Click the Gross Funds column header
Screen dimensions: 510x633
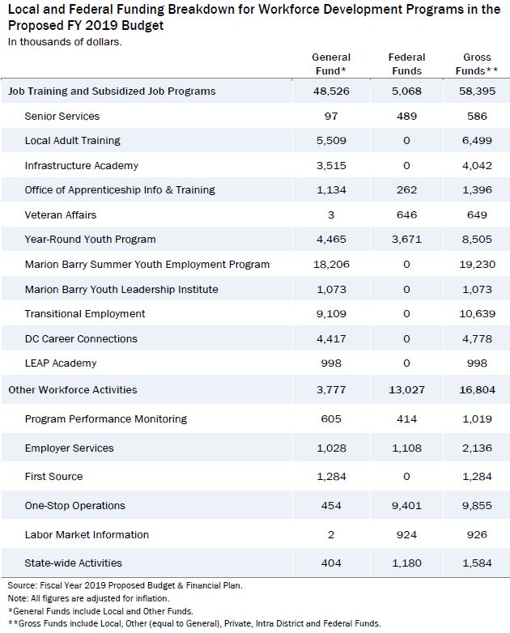[477, 64]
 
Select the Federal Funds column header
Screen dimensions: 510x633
[406, 64]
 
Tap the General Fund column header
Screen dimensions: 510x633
[331, 64]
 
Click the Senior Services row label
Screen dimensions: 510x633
[62, 117]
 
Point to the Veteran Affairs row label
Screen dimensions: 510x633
[61, 215]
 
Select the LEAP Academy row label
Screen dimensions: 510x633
[61, 363]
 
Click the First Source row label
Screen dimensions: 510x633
[53, 476]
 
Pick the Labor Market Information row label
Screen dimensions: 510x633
[87, 534]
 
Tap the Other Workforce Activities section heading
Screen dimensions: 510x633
[73, 389]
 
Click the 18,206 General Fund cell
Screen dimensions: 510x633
[331, 265]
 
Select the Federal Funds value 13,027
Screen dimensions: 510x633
[406, 389]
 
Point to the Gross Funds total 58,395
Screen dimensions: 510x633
[477, 91]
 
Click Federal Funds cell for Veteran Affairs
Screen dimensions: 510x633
[406, 215]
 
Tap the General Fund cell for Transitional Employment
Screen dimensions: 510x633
[331, 314]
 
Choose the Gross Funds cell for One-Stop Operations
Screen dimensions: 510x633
[477, 505]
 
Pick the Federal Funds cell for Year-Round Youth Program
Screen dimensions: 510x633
[406, 240]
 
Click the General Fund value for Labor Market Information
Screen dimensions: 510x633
[331, 534]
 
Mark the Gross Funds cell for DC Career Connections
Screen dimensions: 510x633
[477, 338]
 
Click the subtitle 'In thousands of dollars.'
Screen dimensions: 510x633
[65, 42]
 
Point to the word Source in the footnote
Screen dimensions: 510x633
[22, 585]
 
